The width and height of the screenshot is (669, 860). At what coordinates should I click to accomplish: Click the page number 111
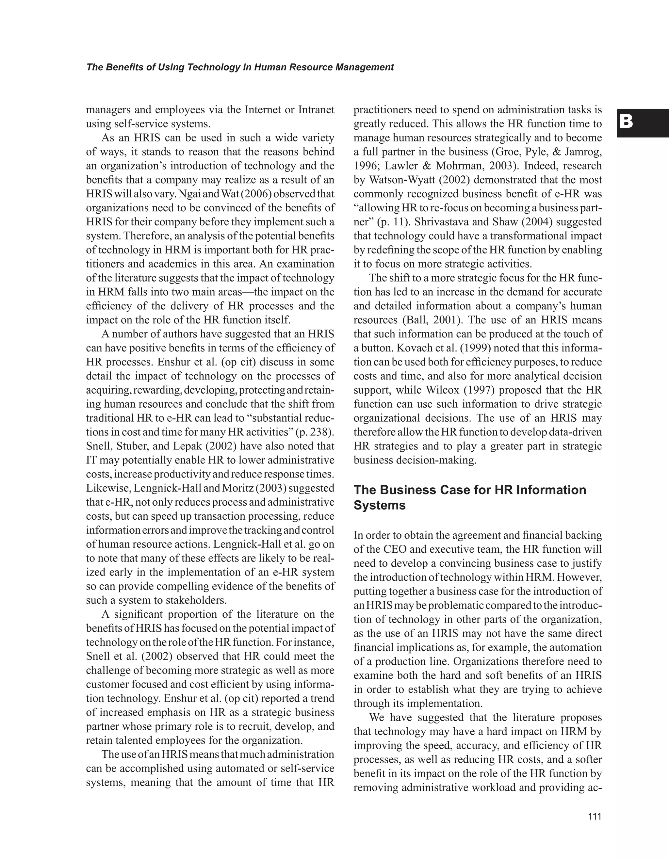(595, 816)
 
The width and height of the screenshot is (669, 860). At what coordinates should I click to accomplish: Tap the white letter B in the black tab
(626, 122)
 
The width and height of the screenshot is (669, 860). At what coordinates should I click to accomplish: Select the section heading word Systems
(380, 505)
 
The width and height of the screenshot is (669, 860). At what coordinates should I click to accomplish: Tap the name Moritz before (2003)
(237, 488)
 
